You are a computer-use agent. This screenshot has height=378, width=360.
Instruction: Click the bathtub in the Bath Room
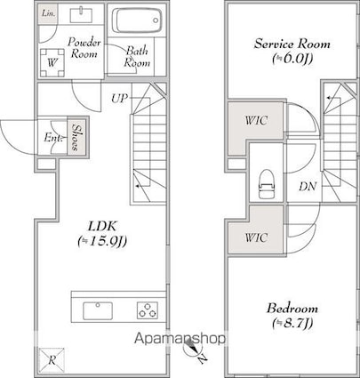tap(138, 20)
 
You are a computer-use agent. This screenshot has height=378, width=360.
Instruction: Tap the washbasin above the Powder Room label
tap(81, 15)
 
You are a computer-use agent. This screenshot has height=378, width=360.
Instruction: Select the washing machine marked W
tap(52, 62)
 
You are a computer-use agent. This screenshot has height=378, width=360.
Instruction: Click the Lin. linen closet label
tap(47, 13)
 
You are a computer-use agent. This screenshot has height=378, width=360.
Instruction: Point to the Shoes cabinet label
tap(76, 138)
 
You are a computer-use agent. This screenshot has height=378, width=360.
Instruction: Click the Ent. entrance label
tap(53, 138)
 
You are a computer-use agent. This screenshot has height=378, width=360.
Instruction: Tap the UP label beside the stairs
tap(119, 98)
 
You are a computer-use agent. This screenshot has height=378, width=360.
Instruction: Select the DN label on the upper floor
tap(308, 186)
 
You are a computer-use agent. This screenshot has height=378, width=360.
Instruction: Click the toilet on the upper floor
tap(266, 184)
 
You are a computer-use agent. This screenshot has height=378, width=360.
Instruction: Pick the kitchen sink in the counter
tap(98, 310)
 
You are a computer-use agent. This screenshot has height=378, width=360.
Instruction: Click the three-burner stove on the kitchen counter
tap(148, 310)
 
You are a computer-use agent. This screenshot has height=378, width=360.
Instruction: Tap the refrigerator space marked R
tap(52, 360)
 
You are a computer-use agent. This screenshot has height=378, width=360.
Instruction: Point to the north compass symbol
tap(191, 349)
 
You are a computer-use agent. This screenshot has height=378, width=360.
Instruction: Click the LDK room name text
tap(102, 226)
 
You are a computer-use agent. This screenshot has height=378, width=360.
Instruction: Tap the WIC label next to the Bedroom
tap(256, 237)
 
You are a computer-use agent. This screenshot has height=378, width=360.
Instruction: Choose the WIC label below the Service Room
tap(256, 120)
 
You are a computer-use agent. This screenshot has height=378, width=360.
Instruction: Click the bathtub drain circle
tap(156, 20)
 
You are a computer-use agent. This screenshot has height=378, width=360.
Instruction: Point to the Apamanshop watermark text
tap(180, 338)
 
